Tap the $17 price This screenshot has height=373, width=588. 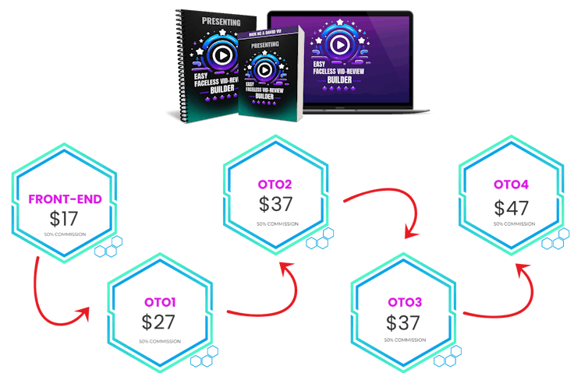pyautogui.click(x=65, y=218)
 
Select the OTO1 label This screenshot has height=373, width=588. pyautogui.click(x=160, y=301)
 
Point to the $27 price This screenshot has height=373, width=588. pyautogui.click(x=159, y=321)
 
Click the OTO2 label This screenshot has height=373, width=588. pyautogui.click(x=275, y=185)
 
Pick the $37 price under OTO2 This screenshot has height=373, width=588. pyautogui.click(x=275, y=204)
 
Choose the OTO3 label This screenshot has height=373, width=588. pyautogui.click(x=405, y=301)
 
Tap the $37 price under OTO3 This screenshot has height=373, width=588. pyautogui.click(x=404, y=321)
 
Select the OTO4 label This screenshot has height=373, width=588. pyautogui.click(x=512, y=185)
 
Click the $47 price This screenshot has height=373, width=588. pyautogui.click(x=512, y=208)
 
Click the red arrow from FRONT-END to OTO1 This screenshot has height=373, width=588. pyautogui.click(x=55, y=300)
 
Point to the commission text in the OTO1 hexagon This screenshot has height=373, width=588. pyautogui.click(x=160, y=340)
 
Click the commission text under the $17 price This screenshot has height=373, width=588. pyautogui.click(x=65, y=234)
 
